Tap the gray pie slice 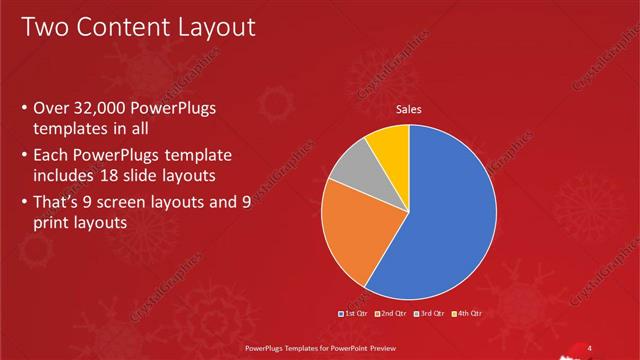(353, 170)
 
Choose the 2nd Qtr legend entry (391, 314)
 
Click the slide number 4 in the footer (589, 348)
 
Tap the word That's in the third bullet (58, 203)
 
